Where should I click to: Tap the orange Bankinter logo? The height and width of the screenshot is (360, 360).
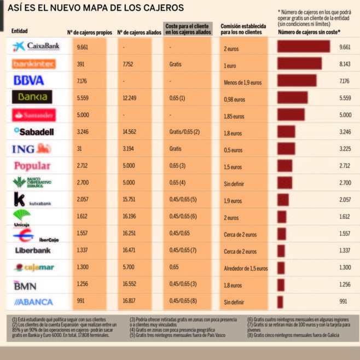click(34, 64)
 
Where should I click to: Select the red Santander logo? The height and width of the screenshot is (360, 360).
click(34, 115)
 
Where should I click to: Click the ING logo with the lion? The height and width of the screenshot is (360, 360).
click(32, 149)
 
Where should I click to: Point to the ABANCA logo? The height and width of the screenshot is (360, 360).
click(34, 301)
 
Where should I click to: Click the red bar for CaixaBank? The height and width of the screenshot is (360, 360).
click(304, 47)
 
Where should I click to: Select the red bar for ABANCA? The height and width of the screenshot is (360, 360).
click(280, 301)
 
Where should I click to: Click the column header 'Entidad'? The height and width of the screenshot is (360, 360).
click(19, 31)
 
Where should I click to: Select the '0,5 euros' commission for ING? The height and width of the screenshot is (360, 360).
click(233, 149)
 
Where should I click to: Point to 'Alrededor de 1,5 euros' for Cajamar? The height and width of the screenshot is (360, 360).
click(246, 268)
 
